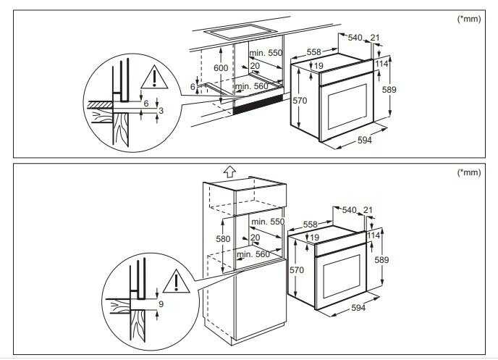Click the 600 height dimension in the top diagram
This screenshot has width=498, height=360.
tap(221, 68)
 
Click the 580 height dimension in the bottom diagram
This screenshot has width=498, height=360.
tap(223, 238)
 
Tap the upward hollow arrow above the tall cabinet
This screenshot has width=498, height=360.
tap(229, 172)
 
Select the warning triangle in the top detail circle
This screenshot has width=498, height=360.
tap(154, 78)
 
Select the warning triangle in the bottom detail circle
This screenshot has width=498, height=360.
tap(177, 282)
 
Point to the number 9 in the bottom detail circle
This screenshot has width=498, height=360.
tap(161, 304)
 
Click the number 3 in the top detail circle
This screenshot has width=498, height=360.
tap(161, 111)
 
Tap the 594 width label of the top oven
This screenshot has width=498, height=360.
tap(365, 140)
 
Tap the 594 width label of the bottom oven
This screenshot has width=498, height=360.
tap(358, 308)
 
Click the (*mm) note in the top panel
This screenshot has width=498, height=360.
tap(469, 19)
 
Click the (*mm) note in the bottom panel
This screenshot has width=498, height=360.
tap(469, 172)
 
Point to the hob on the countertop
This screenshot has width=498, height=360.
tap(240, 31)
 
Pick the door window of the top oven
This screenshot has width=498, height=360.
tap(347, 107)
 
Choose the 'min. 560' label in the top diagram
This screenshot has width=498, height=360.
tap(252, 86)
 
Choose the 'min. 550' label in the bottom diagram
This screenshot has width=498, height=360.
tap(268, 222)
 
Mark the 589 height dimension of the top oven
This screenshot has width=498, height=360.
tap(389, 90)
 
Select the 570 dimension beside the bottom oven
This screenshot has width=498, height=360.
tap(297, 270)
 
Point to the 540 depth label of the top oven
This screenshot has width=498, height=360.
tap(355, 38)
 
